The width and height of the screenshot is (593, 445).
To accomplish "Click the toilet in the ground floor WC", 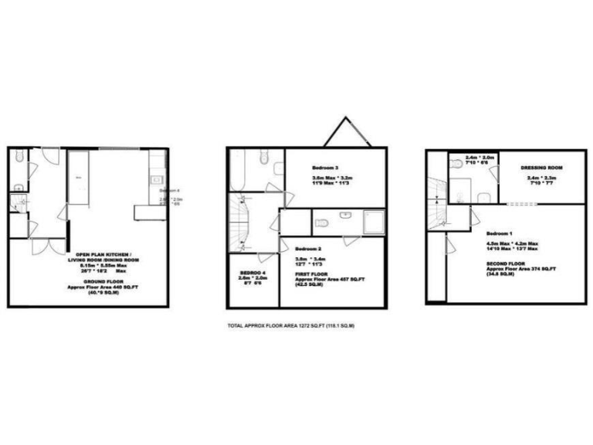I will pyautogui.click(x=17, y=185).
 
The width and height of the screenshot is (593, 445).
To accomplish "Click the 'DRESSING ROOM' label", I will pyautogui.click(x=541, y=168).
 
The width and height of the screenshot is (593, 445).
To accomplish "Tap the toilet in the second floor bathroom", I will pyautogui.click(x=459, y=164).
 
